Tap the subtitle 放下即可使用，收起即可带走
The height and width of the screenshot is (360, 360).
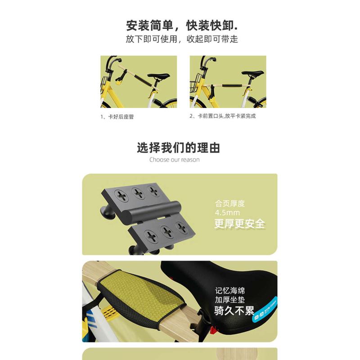click(x=182, y=39)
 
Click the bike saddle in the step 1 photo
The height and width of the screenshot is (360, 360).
click(x=160, y=76)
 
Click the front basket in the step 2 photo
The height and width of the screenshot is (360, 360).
click(x=195, y=85)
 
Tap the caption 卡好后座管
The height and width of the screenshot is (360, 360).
click(x=117, y=117)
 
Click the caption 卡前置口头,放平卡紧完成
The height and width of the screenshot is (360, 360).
click(x=223, y=116)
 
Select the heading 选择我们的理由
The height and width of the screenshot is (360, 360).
click(x=179, y=148)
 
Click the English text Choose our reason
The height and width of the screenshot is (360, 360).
click(x=175, y=159)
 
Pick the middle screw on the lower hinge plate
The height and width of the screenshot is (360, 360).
click(x=166, y=232)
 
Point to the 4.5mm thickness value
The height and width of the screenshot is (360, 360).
click(x=228, y=212)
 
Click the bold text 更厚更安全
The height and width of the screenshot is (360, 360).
click(x=239, y=224)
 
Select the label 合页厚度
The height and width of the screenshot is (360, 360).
click(x=230, y=203)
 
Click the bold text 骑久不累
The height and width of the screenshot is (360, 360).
click(x=234, y=310)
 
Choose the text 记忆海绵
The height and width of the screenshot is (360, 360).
click(x=229, y=291)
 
